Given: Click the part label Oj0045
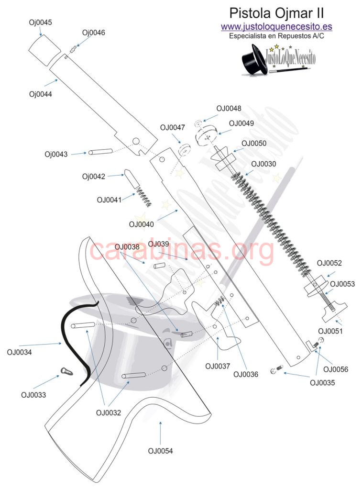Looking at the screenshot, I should click(41, 22).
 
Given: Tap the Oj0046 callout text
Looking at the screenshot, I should click(93, 33).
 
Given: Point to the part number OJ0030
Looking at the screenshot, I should click(263, 164).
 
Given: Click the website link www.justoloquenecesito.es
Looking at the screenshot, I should click(276, 27).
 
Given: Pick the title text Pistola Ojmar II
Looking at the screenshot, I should click(276, 12).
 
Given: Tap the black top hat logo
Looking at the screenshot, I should click(254, 59).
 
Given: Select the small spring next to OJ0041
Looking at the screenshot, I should click(142, 197).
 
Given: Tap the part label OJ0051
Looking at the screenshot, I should click(330, 331).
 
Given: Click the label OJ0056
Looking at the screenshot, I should click(336, 369).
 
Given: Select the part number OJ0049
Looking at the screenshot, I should click(241, 123).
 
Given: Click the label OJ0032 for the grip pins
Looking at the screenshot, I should click(108, 412).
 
